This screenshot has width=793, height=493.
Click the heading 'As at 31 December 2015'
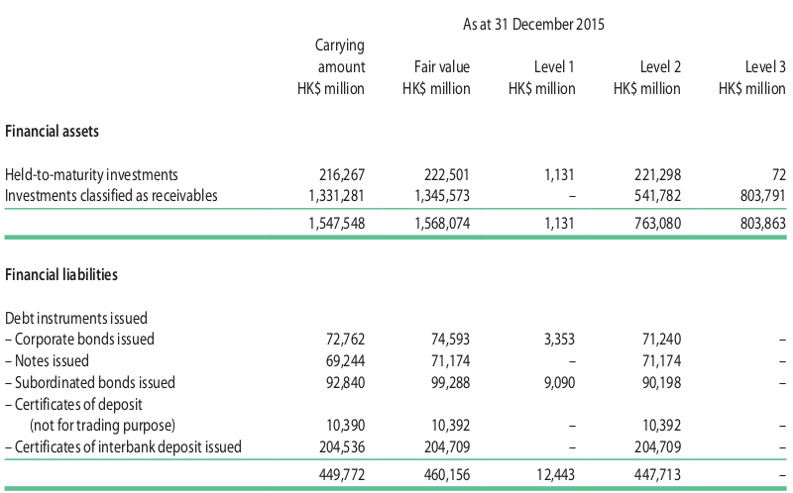click(533, 24)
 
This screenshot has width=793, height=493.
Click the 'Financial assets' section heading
click(53, 132)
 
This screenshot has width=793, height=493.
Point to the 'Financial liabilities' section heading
click(61, 275)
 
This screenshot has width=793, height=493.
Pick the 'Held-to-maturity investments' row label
click(91, 175)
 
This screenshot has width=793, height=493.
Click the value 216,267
click(342, 175)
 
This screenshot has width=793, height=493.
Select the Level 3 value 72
click(779, 175)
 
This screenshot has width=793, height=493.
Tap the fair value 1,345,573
click(442, 195)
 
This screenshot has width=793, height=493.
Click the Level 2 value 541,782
click(658, 195)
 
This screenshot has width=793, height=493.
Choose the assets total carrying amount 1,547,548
click(337, 224)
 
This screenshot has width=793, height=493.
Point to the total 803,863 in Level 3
click(763, 224)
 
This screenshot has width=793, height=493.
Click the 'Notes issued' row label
click(47, 360)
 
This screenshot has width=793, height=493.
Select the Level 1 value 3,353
click(559, 339)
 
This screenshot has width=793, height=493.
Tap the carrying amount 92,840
click(345, 382)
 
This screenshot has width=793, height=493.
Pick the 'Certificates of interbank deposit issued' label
click(123, 447)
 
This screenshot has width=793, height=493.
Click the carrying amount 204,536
click(342, 447)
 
